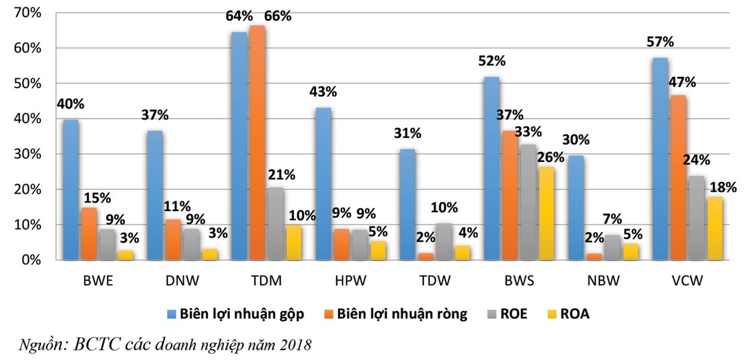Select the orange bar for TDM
[257, 143]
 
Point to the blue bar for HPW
[323, 184]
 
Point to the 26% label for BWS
[551, 157]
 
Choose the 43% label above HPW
[323, 92]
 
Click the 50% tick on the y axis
[27, 83]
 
